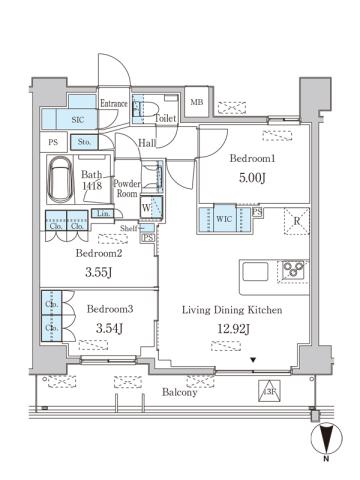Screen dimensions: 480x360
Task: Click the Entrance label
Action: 113,102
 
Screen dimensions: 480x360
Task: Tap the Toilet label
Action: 166,118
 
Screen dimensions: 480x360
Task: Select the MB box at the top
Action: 197,103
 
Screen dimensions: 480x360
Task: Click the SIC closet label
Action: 63,118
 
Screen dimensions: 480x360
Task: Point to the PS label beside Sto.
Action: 53,143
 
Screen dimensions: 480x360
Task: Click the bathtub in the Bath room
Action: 63,182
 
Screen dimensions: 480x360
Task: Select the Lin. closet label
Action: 103,214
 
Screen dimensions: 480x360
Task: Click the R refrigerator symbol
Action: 296,222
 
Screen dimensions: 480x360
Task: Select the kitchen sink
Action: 253,271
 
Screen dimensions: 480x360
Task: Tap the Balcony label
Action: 181,393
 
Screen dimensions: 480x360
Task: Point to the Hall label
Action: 147,143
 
